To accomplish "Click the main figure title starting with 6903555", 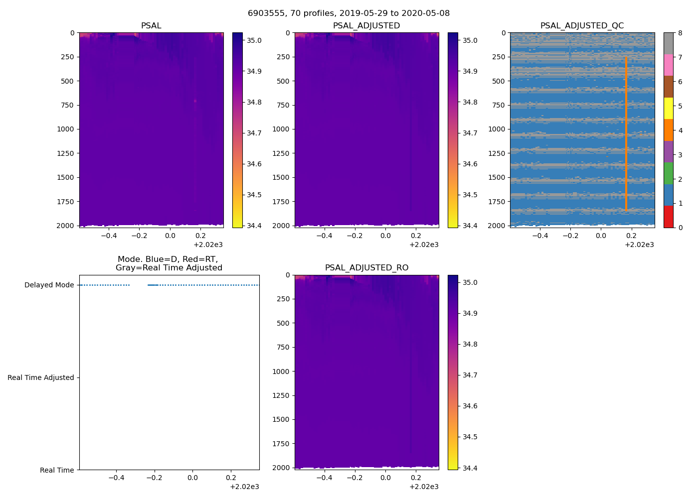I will (349, 13).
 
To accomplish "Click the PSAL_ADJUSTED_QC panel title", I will (582, 25).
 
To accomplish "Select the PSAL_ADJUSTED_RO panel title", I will (366, 267).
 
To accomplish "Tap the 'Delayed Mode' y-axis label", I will (49, 285).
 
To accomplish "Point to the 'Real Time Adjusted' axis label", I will (40, 377).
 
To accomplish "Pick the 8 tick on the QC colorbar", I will (681, 33).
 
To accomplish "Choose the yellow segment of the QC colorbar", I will (669, 108).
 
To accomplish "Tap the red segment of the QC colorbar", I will (669, 217).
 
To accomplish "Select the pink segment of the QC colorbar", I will (669, 65).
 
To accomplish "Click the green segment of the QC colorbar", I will (669, 173).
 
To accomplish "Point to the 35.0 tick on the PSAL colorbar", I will (254, 40).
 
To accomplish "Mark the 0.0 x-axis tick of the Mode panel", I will (192, 478).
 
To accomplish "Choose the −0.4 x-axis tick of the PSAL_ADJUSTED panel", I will (325, 236).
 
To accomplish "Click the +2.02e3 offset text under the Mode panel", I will (244, 487).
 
